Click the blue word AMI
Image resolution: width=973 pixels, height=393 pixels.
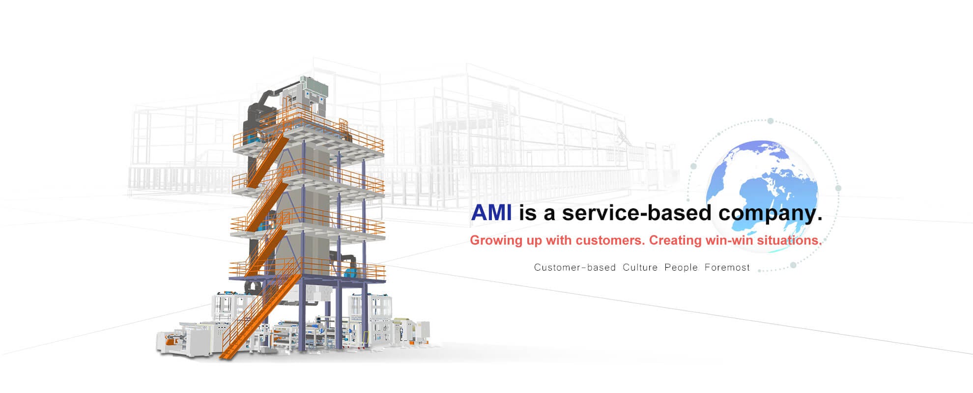click(x=491, y=213)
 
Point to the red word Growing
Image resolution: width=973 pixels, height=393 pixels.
click(x=498, y=241)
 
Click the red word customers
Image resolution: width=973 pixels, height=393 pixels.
click(x=610, y=241)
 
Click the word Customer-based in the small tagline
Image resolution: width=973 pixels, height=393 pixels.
click(x=575, y=267)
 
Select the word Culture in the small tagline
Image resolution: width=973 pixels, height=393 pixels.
click(x=640, y=267)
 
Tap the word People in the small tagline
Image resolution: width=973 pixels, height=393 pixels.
click(x=681, y=267)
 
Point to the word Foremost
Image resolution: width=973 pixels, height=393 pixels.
click(x=727, y=267)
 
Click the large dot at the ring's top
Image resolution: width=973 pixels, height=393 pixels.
click(x=771, y=121)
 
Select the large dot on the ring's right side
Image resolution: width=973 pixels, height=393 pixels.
click(x=838, y=188)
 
